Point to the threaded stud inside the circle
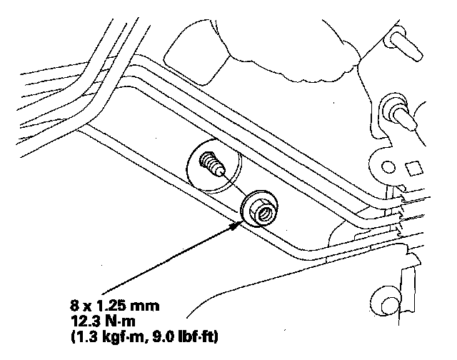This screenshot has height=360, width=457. [211, 163]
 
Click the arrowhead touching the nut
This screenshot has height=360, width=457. [238, 226]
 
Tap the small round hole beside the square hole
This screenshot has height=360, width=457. [388, 169]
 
